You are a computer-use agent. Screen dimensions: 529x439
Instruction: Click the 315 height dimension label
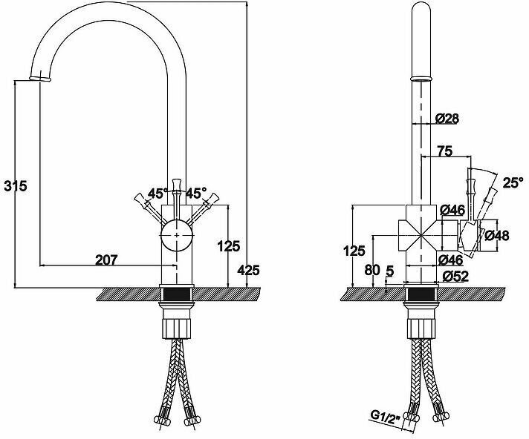tap(15, 185)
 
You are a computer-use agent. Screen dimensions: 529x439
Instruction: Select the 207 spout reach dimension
tap(106, 260)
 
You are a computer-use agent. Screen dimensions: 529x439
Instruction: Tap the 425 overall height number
tap(248, 270)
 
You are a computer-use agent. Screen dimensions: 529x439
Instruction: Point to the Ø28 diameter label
tap(447, 119)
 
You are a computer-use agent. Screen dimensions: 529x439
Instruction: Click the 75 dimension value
tap(444, 151)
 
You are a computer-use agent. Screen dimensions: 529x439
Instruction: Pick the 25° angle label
tap(513, 182)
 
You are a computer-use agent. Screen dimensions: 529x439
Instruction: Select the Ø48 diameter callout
tap(497, 236)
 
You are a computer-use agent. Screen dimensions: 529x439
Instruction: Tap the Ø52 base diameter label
tap(455, 277)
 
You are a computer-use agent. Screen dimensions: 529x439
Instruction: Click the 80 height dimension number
tap(372, 270)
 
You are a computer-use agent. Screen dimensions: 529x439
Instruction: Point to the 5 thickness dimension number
tap(390, 271)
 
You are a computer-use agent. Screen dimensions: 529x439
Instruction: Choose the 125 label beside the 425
tap(229, 246)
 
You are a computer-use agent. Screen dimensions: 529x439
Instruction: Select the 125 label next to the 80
tap(354, 251)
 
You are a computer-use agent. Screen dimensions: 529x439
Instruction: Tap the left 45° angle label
tap(158, 194)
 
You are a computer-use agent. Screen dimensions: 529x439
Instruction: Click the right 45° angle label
tap(196, 194)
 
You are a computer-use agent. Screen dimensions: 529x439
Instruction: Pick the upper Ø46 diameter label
tap(452, 210)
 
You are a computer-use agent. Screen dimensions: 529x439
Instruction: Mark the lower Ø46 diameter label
tap(450, 260)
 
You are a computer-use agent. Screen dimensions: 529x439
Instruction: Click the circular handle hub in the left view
tap(176, 235)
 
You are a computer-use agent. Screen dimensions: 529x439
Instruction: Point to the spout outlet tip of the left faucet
tap(40, 79)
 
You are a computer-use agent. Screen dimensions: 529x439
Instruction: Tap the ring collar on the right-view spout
tap(421, 79)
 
